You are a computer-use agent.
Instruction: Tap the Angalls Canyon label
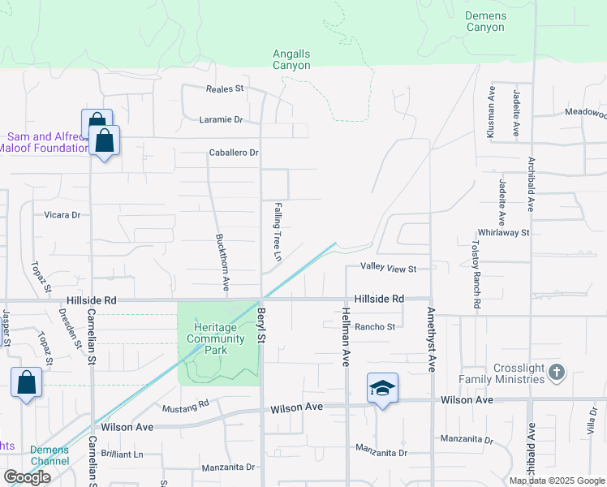[x=291, y=59]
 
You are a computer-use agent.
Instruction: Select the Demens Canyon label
[x=485, y=21]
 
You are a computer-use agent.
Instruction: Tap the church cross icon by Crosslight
[x=556, y=372]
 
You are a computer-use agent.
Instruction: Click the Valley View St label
[x=389, y=269]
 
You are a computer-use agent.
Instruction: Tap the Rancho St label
[x=375, y=327]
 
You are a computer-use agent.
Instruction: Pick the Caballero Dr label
[x=234, y=153]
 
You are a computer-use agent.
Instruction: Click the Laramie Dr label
[x=222, y=119]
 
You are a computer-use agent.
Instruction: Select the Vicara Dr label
[x=62, y=215]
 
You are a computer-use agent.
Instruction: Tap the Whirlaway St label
[x=503, y=232]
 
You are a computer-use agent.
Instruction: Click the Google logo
[x=26, y=477]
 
